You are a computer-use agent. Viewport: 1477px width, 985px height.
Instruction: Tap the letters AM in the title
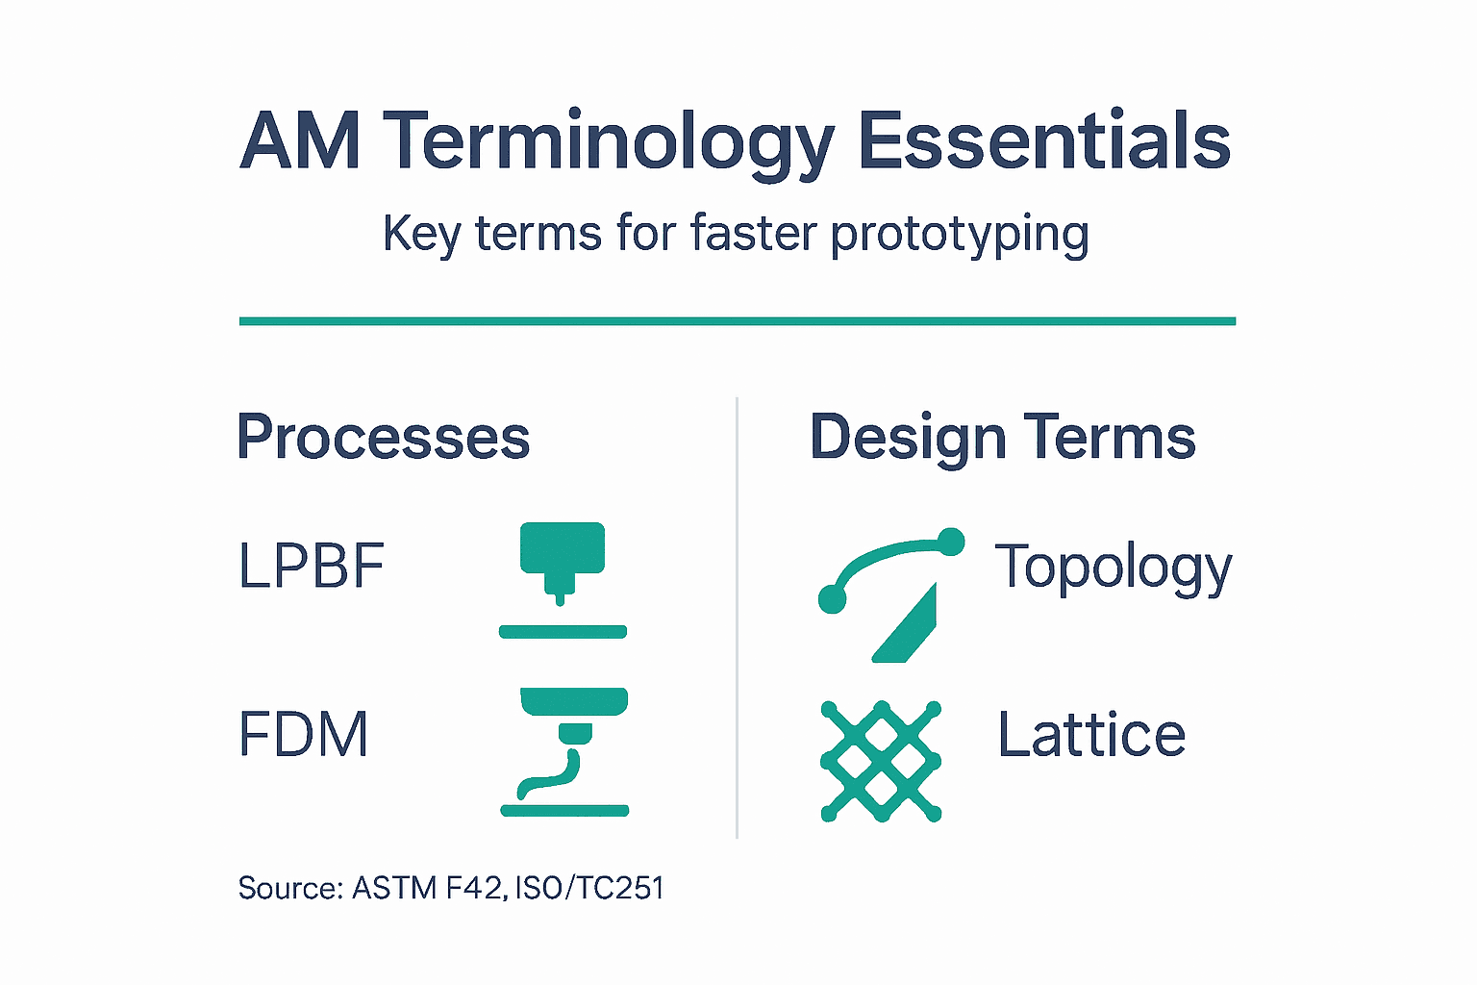click(300, 141)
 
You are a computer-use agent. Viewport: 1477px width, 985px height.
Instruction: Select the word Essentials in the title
click(1043, 141)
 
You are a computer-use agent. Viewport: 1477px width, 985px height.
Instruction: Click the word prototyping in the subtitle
click(959, 234)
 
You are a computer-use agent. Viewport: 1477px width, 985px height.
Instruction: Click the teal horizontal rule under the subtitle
click(737, 321)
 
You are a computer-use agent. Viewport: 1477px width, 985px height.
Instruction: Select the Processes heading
click(383, 438)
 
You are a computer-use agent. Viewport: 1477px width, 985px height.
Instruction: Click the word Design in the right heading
click(908, 439)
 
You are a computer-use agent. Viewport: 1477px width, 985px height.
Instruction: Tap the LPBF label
click(311, 566)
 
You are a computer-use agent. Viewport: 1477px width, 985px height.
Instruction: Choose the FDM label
click(303, 735)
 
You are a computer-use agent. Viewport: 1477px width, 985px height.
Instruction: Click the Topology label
click(1113, 568)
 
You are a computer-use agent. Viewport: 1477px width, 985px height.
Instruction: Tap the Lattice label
click(1091, 736)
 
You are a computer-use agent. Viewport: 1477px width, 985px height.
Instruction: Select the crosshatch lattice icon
click(881, 762)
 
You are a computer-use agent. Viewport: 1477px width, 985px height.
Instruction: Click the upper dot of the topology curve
click(950, 542)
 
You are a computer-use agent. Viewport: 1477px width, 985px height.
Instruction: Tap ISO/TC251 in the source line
click(589, 888)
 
